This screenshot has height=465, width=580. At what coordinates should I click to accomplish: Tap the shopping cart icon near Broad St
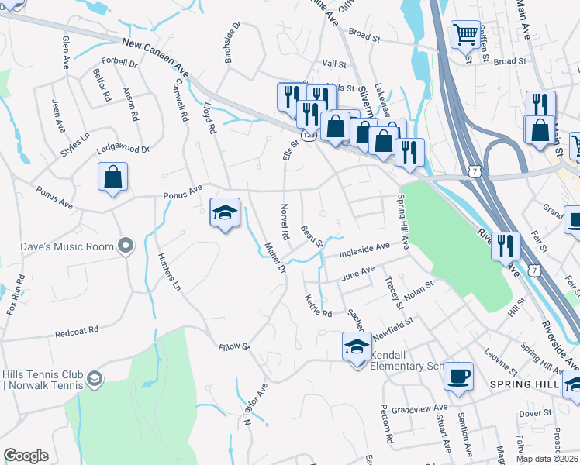tap(465, 34)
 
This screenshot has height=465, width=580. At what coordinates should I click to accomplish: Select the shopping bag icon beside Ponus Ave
tap(112, 177)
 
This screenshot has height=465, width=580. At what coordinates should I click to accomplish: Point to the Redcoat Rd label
tap(78, 331)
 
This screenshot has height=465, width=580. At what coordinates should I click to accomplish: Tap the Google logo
tap(26, 456)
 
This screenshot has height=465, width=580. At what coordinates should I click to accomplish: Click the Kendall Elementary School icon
tap(356, 346)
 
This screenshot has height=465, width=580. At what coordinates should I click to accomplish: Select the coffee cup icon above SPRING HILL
tap(458, 376)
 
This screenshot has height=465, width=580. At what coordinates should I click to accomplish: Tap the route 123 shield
tap(308, 135)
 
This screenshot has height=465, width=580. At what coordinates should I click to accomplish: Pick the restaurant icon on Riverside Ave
tap(506, 246)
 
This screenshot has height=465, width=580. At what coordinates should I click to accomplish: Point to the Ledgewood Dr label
tap(122, 149)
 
